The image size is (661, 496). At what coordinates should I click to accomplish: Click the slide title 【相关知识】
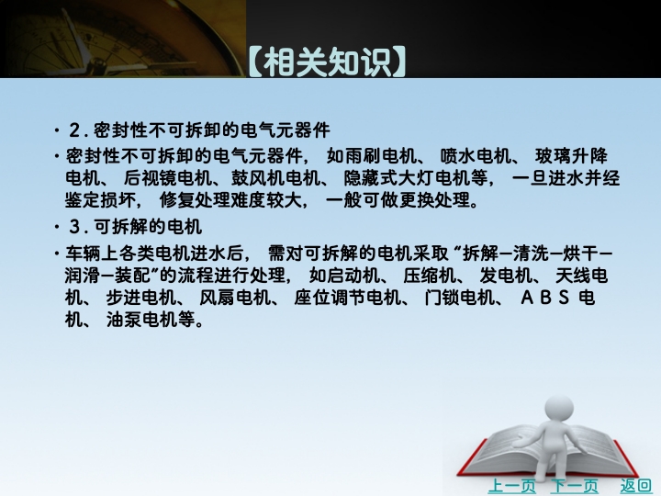pyautogui.click(x=327, y=62)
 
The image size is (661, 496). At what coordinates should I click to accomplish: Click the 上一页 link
pyautogui.click(x=511, y=486)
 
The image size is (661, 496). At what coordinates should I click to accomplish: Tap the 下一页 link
pyautogui.click(x=574, y=486)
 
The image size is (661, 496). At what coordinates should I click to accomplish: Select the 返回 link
pyautogui.click(x=635, y=486)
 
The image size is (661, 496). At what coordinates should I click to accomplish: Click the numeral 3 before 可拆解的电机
pyautogui.click(x=74, y=228)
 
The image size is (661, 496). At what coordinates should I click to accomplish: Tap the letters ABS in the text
pyautogui.click(x=545, y=298)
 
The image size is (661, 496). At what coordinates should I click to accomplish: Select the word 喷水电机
pyautogui.click(x=476, y=156)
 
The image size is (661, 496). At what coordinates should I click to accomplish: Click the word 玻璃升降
pyautogui.click(x=571, y=156)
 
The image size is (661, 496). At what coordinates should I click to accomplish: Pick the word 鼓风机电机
pyautogui.click(x=275, y=178)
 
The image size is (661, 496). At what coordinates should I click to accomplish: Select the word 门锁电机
pyautogui.click(x=460, y=298)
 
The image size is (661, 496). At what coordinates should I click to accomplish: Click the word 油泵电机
pyautogui.click(x=142, y=320)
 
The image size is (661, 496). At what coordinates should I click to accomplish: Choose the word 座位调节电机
pyautogui.click(x=347, y=298)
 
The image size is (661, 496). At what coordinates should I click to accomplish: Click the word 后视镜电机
pyautogui.click(x=168, y=178)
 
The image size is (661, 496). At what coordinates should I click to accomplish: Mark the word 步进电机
pyautogui.click(x=140, y=298)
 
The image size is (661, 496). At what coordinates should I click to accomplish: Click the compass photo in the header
pyautogui.click(x=123, y=39)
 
